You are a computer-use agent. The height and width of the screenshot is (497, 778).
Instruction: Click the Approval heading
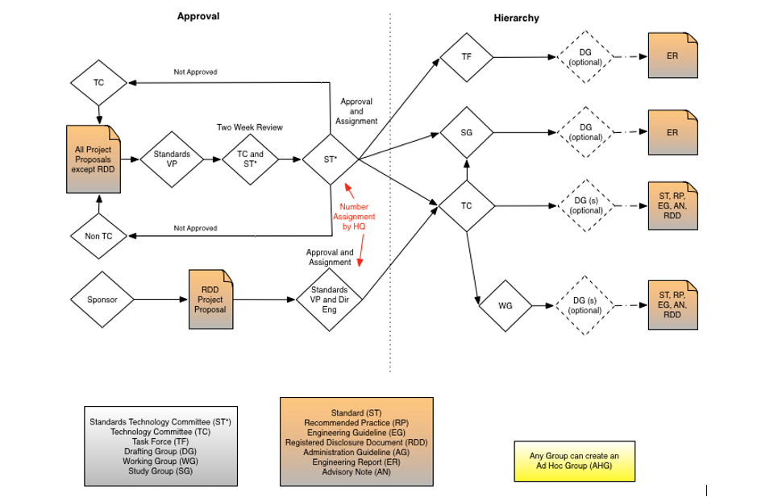pyautogui.click(x=198, y=16)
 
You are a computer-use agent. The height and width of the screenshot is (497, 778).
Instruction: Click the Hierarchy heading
pyautogui.click(x=517, y=18)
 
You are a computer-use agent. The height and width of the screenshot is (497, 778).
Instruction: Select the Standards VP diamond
pyautogui.click(x=172, y=159)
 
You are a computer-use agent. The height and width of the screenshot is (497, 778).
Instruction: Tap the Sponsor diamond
pyautogui.click(x=102, y=300)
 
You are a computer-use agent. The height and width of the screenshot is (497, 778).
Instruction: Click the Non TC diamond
pyautogui.click(x=98, y=236)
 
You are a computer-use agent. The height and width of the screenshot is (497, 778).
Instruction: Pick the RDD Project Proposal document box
pyautogui.click(x=210, y=300)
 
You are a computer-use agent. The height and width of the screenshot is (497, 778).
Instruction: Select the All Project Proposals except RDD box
pyautogui.click(x=94, y=159)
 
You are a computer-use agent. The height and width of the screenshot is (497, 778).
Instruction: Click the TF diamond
pyautogui.click(x=467, y=57)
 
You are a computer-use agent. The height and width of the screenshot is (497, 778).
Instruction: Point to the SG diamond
pyautogui.click(x=467, y=132)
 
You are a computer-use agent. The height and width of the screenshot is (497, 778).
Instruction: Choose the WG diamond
pyautogui.click(x=505, y=306)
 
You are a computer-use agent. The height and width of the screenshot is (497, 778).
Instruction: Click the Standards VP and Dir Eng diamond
pyautogui.click(x=330, y=300)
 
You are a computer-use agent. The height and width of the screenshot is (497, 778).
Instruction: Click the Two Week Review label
pyautogui.click(x=250, y=127)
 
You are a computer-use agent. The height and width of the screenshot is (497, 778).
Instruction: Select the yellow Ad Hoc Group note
pyautogui.click(x=574, y=461)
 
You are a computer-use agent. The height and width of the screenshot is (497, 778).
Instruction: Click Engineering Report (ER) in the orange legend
pyautogui.click(x=356, y=462)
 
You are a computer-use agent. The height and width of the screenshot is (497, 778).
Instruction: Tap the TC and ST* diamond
pyautogui.click(x=250, y=159)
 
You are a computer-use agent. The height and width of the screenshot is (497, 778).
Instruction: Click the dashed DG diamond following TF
pyautogui.click(x=586, y=57)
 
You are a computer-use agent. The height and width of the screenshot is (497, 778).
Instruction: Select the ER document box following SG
pyautogui.click(x=672, y=132)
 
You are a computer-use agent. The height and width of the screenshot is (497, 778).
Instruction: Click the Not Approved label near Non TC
pyautogui.click(x=195, y=229)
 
